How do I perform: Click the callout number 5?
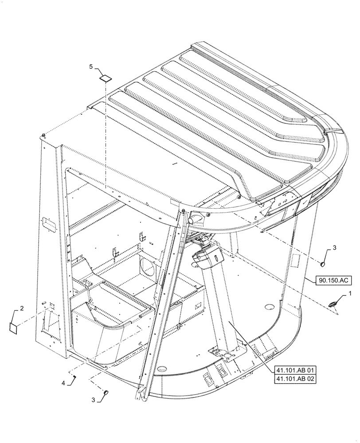(x=91, y=66)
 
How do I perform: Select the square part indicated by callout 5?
(x=105, y=79)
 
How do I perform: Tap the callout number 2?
(x=22, y=307)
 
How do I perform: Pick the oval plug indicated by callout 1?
(x=333, y=303)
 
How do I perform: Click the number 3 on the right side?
(x=335, y=248)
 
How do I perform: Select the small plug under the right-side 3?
(x=323, y=265)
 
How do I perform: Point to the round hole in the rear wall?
(x=148, y=267)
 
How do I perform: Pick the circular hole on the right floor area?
(x=268, y=307)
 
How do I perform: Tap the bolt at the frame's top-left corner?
(x=43, y=135)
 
